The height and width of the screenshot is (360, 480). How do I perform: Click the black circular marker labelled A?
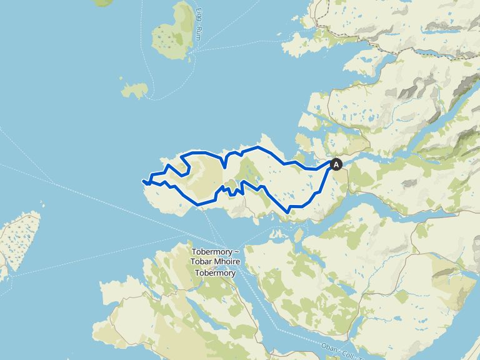[x=336, y=164]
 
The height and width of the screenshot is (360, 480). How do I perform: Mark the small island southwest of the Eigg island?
[x=134, y=90]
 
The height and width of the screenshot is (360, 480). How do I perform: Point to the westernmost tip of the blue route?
[x=143, y=181]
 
